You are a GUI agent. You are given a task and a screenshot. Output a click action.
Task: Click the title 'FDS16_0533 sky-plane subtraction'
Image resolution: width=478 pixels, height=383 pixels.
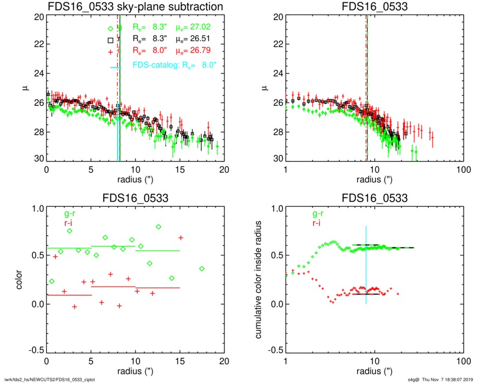(136, 7)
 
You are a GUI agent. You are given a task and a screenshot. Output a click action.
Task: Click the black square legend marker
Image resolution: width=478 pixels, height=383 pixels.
(110, 40)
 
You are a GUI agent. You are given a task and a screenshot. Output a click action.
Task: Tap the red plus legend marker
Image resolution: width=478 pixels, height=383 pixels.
(110, 52)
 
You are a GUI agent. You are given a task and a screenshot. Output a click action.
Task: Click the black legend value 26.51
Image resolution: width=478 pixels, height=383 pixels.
(194, 39)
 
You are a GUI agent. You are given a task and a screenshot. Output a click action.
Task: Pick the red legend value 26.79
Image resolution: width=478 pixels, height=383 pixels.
(194, 51)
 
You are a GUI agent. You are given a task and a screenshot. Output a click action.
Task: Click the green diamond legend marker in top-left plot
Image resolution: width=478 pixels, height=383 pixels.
(110, 28)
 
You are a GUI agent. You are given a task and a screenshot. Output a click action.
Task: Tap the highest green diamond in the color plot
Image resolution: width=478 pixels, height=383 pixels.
(158, 227)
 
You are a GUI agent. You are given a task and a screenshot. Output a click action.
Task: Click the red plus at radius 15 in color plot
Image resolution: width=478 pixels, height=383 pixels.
(181, 238)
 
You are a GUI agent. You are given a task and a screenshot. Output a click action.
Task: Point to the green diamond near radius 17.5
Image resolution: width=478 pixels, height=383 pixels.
(201, 268)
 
